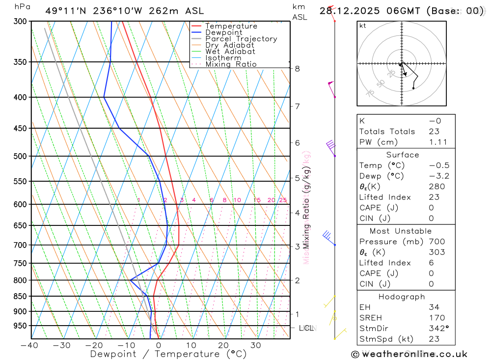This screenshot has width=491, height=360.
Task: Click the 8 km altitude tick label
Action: pos(297,69)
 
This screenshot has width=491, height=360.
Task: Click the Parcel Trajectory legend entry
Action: pos(241,39)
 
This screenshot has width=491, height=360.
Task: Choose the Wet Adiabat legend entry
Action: pos(230,52)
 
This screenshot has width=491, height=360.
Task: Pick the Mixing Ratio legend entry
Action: pos(231,64)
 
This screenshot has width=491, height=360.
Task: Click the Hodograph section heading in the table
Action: pos(402,297)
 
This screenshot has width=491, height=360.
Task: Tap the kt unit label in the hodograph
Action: pos(362,26)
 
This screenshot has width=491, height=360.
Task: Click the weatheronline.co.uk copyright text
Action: pos(409,354)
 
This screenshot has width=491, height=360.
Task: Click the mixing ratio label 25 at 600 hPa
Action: pos(283,200)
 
